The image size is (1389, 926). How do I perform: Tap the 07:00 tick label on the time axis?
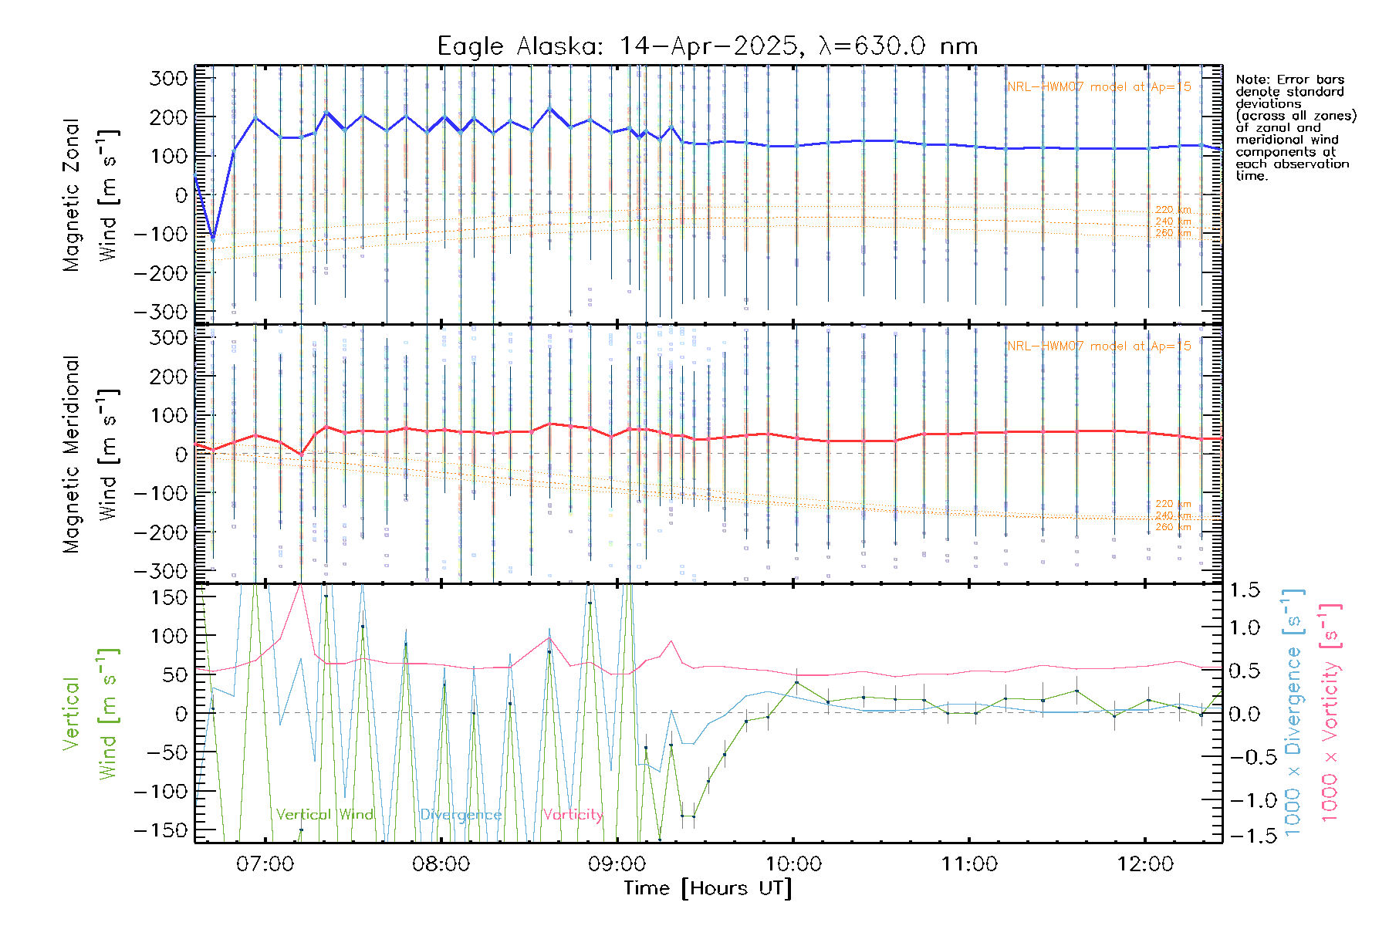coord(265,863)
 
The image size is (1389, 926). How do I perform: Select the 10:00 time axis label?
coord(793,863)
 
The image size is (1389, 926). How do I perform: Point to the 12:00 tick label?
coord(1145,863)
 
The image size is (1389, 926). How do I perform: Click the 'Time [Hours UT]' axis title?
coord(708,888)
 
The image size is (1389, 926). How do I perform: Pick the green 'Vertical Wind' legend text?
coord(324,815)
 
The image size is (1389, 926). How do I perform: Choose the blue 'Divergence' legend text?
coord(461,815)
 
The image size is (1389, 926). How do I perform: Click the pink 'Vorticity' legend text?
coord(572,815)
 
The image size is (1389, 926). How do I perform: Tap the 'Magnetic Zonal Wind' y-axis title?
coord(90,194)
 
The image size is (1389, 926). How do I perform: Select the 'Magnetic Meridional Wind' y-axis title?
coord(90,454)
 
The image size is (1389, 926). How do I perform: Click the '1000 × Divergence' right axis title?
coord(1293,711)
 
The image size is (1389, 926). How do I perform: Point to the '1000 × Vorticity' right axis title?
coord(1330,711)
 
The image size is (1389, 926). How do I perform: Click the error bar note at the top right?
coord(1295,127)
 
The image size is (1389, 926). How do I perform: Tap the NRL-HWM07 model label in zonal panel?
coord(1099,87)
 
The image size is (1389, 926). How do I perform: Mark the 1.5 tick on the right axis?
coord(1244,590)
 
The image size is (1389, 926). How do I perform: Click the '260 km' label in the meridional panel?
coord(1173,527)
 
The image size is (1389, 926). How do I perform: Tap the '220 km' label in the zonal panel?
coord(1173,210)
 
